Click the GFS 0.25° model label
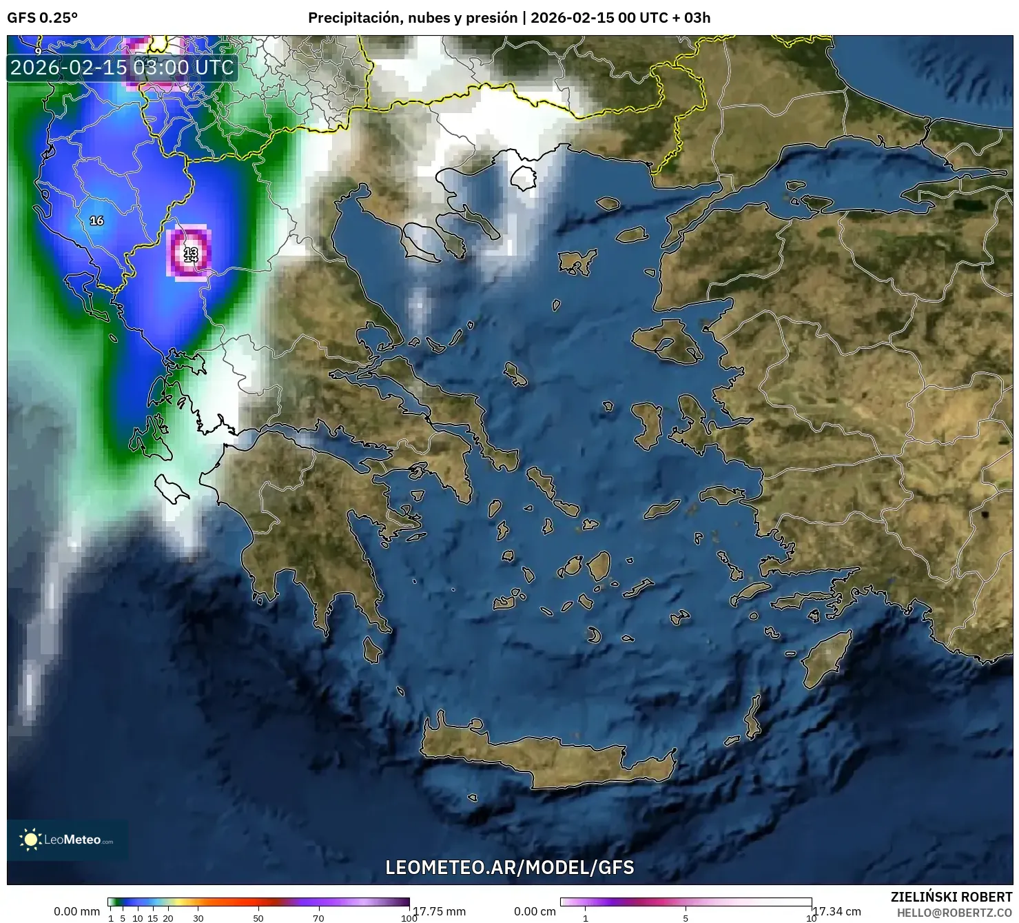click(42, 18)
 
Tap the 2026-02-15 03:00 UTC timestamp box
click(122, 68)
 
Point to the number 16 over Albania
click(96, 221)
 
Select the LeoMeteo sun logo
click(30, 839)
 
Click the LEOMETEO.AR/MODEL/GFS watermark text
click(509, 867)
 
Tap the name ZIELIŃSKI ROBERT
click(951, 897)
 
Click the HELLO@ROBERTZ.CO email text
click(954, 913)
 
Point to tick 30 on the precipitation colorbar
click(198, 917)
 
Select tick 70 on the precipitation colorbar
click(318, 917)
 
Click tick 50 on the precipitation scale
click(258, 917)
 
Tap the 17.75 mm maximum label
click(439, 911)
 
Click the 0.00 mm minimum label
click(77, 911)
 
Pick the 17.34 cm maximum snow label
click(837, 911)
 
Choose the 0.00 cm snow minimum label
click(535, 911)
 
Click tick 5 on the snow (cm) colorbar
click(686, 917)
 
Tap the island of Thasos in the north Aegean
click(524, 178)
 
